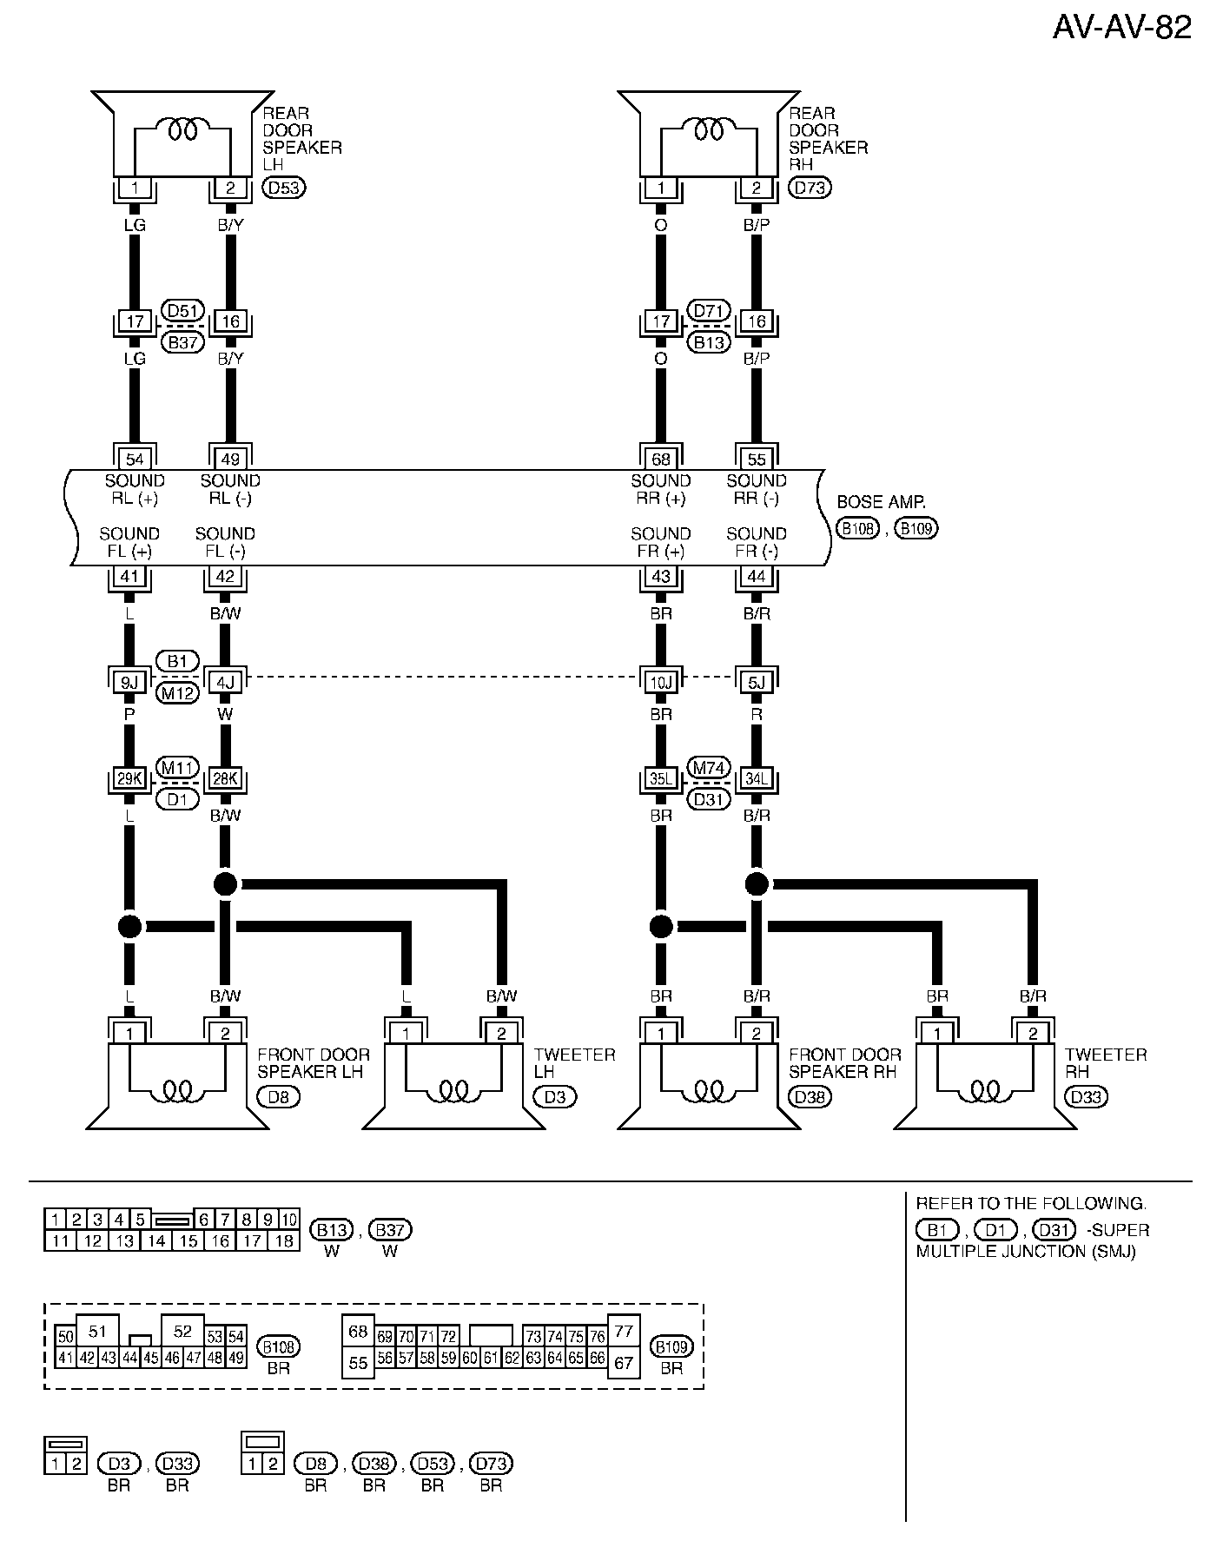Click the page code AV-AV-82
tap(1121, 28)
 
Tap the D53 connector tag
tap(284, 187)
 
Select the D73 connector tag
tap(810, 187)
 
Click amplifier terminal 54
tap(135, 459)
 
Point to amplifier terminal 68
tap(661, 459)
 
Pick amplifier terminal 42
tap(224, 576)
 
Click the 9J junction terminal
tap(129, 683)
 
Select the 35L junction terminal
tap(661, 779)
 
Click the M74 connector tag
tap(709, 768)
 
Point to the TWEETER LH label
tap(574, 1063)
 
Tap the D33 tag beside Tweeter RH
tap(1086, 1097)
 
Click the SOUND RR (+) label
tap(661, 490)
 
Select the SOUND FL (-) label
tap(224, 543)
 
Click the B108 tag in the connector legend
tap(279, 1347)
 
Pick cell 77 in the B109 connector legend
tap(623, 1332)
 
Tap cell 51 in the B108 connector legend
tap(97, 1332)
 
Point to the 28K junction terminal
tap(225, 779)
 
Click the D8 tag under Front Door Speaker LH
tap(278, 1097)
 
